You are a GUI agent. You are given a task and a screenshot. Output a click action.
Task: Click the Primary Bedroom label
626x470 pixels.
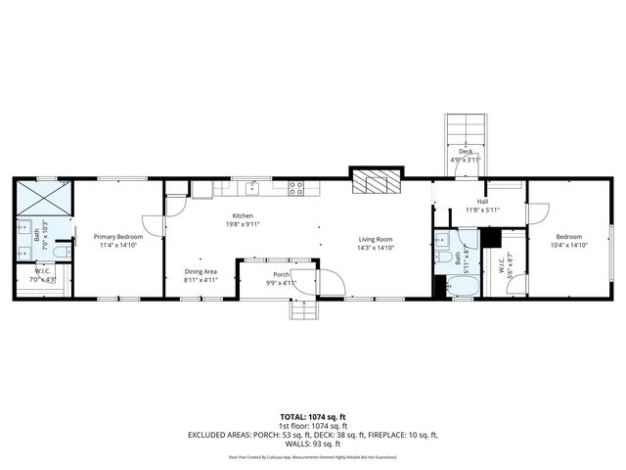[x=118, y=237]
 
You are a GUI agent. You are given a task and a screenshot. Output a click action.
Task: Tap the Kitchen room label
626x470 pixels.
[x=242, y=215]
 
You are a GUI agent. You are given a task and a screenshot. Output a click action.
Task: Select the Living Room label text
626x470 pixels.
[x=375, y=239]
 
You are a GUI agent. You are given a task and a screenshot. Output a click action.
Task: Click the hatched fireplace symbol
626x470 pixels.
[x=376, y=182]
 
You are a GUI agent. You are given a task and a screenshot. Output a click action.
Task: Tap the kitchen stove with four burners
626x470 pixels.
[x=295, y=187]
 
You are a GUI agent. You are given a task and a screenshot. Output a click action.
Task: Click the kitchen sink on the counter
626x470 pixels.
[x=250, y=186]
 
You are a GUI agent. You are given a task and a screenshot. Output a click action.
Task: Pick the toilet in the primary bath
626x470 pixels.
[x=61, y=254]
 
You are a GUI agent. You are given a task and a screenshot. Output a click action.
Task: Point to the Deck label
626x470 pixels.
[x=466, y=152]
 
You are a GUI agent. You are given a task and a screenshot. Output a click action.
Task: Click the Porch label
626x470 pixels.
[x=280, y=274]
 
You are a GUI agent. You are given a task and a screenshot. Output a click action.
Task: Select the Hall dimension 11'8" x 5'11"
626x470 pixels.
[x=481, y=210]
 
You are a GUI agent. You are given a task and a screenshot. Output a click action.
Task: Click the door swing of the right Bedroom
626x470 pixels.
[x=535, y=212]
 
